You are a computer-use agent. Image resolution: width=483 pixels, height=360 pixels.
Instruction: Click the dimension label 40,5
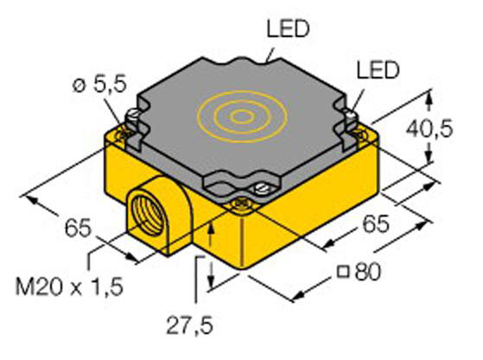429,129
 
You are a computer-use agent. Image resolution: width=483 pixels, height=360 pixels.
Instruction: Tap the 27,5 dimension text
190,325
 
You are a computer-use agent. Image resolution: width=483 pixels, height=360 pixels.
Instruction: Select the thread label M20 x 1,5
70,287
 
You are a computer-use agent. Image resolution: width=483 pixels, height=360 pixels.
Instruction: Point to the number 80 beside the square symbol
368,272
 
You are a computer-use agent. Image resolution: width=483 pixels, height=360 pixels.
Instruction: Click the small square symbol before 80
343,273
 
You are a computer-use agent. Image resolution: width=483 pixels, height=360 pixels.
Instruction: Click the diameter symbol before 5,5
79,85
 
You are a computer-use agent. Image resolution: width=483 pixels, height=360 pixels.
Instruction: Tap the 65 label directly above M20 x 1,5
78,228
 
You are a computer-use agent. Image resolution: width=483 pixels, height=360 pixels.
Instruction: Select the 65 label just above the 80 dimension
376,224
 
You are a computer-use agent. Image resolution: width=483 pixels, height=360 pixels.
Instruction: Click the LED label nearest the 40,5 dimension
378,70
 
